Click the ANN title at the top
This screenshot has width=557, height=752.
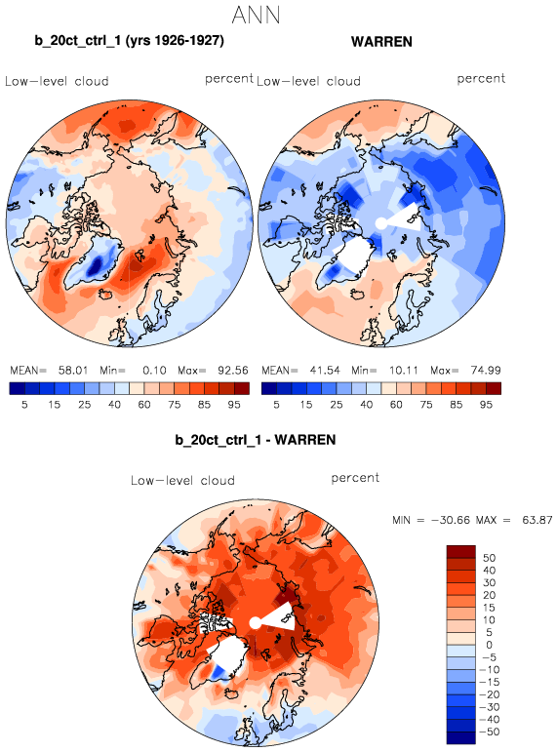click(x=256, y=15)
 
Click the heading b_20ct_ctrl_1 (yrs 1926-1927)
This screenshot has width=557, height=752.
click(x=129, y=40)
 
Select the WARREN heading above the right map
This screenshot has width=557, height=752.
click(x=381, y=42)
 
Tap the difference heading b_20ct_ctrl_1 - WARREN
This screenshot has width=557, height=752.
click(x=256, y=440)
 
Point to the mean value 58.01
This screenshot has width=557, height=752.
click(x=73, y=371)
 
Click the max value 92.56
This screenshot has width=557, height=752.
click(x=233, y=371)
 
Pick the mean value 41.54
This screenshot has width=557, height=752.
click(x=325, y=371)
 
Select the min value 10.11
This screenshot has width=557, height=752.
click(x=404, y=371)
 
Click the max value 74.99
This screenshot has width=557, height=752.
click(x=486, y=371)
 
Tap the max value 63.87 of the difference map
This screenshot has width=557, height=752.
click(x=537, y=520)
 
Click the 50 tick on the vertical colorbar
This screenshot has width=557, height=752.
click(x=489, y=558)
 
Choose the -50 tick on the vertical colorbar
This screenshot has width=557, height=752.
click(x=490, y=732)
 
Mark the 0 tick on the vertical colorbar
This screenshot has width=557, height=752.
click(x=489, y=645)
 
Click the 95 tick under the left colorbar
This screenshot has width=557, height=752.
click(x=234, y=405)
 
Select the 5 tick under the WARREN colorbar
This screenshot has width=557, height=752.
click(x=276, y=405)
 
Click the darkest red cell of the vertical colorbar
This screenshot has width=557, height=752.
click(x=461, y=551)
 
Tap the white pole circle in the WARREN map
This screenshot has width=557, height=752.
click(x=380, y=223)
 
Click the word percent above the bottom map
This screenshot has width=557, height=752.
click(x=355, y=478)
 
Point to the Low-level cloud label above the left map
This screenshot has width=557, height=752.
click(x=57, y=81)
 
